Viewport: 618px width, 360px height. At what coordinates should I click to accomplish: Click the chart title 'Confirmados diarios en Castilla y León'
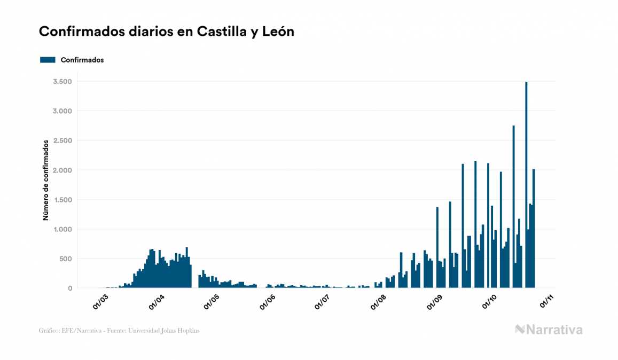click(167, 32)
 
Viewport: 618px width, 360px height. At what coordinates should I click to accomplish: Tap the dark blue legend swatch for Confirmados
click(48, 60)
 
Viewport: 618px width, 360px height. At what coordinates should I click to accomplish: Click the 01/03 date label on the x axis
click(100, 302)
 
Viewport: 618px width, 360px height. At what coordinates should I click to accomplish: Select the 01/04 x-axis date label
click(156, 302)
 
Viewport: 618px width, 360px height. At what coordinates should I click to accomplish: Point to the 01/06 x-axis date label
click(267, 302)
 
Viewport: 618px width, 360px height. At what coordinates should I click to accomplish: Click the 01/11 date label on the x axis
click(545, 302)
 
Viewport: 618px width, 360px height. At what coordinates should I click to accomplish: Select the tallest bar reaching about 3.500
click(526, 187)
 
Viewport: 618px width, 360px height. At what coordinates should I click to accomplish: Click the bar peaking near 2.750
click(513, 208)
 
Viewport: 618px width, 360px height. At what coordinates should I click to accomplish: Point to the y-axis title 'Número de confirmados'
click(46, 180)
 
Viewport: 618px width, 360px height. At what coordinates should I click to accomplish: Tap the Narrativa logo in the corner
click(549, 330)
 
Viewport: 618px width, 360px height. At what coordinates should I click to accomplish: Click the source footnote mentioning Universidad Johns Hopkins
click(119, 331)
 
